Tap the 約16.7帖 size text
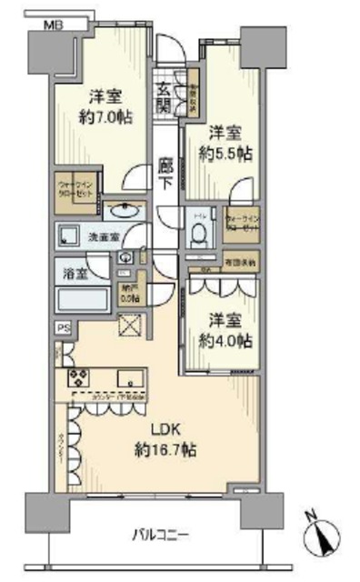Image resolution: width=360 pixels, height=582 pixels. (165, 450)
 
